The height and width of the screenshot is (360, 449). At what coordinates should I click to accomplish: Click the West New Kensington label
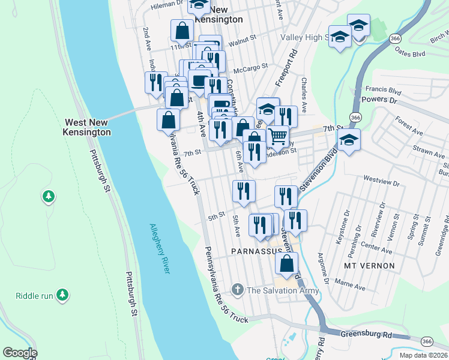[x=88, y=127]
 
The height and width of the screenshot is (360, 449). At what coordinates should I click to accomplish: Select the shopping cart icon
[x=277, y=136]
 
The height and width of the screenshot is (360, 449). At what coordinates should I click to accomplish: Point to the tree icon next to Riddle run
[x=62, y=295]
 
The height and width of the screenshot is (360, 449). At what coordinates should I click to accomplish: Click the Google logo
[x=20, y=353]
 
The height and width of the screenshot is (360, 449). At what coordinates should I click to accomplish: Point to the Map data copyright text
[x=423, y=355]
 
